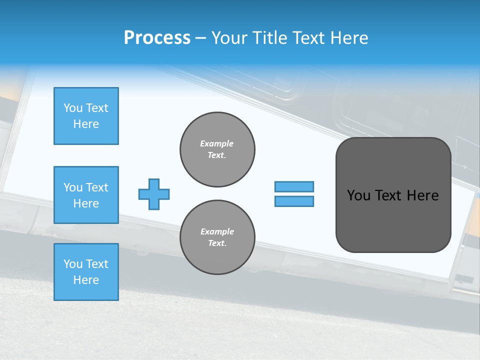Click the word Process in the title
point(157,38)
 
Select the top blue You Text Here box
point(86,116)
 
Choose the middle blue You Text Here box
point(86,195)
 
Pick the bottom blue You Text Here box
point(86,272)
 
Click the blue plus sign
point(154,194)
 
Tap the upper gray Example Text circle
point(217,149)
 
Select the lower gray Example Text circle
point(217,237)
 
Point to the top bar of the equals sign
point(294,186)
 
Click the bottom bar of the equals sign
point(294,201)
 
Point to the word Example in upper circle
point(217,143)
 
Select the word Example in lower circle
point(217,231)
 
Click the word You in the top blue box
point(72,108)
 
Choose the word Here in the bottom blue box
point(86,280)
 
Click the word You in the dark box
point(358,195)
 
